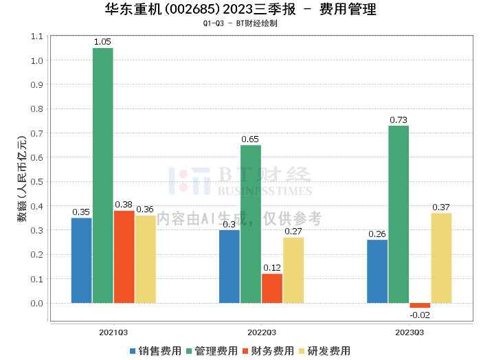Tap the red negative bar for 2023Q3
click(420, 305)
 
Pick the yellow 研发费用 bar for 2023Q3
click(441, 258)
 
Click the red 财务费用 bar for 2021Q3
click(124, 257)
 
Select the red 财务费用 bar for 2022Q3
click(271, 289)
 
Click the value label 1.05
click(102, 42)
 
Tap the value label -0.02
click(419, 315)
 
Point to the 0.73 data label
click(399, 120)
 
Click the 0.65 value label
click(251, 139)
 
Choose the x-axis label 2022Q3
click(261, 331)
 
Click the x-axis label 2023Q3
click(409, 331)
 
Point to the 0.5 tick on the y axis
click(36, 182)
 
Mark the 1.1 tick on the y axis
click(36, 36)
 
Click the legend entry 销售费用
click(155, 351)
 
